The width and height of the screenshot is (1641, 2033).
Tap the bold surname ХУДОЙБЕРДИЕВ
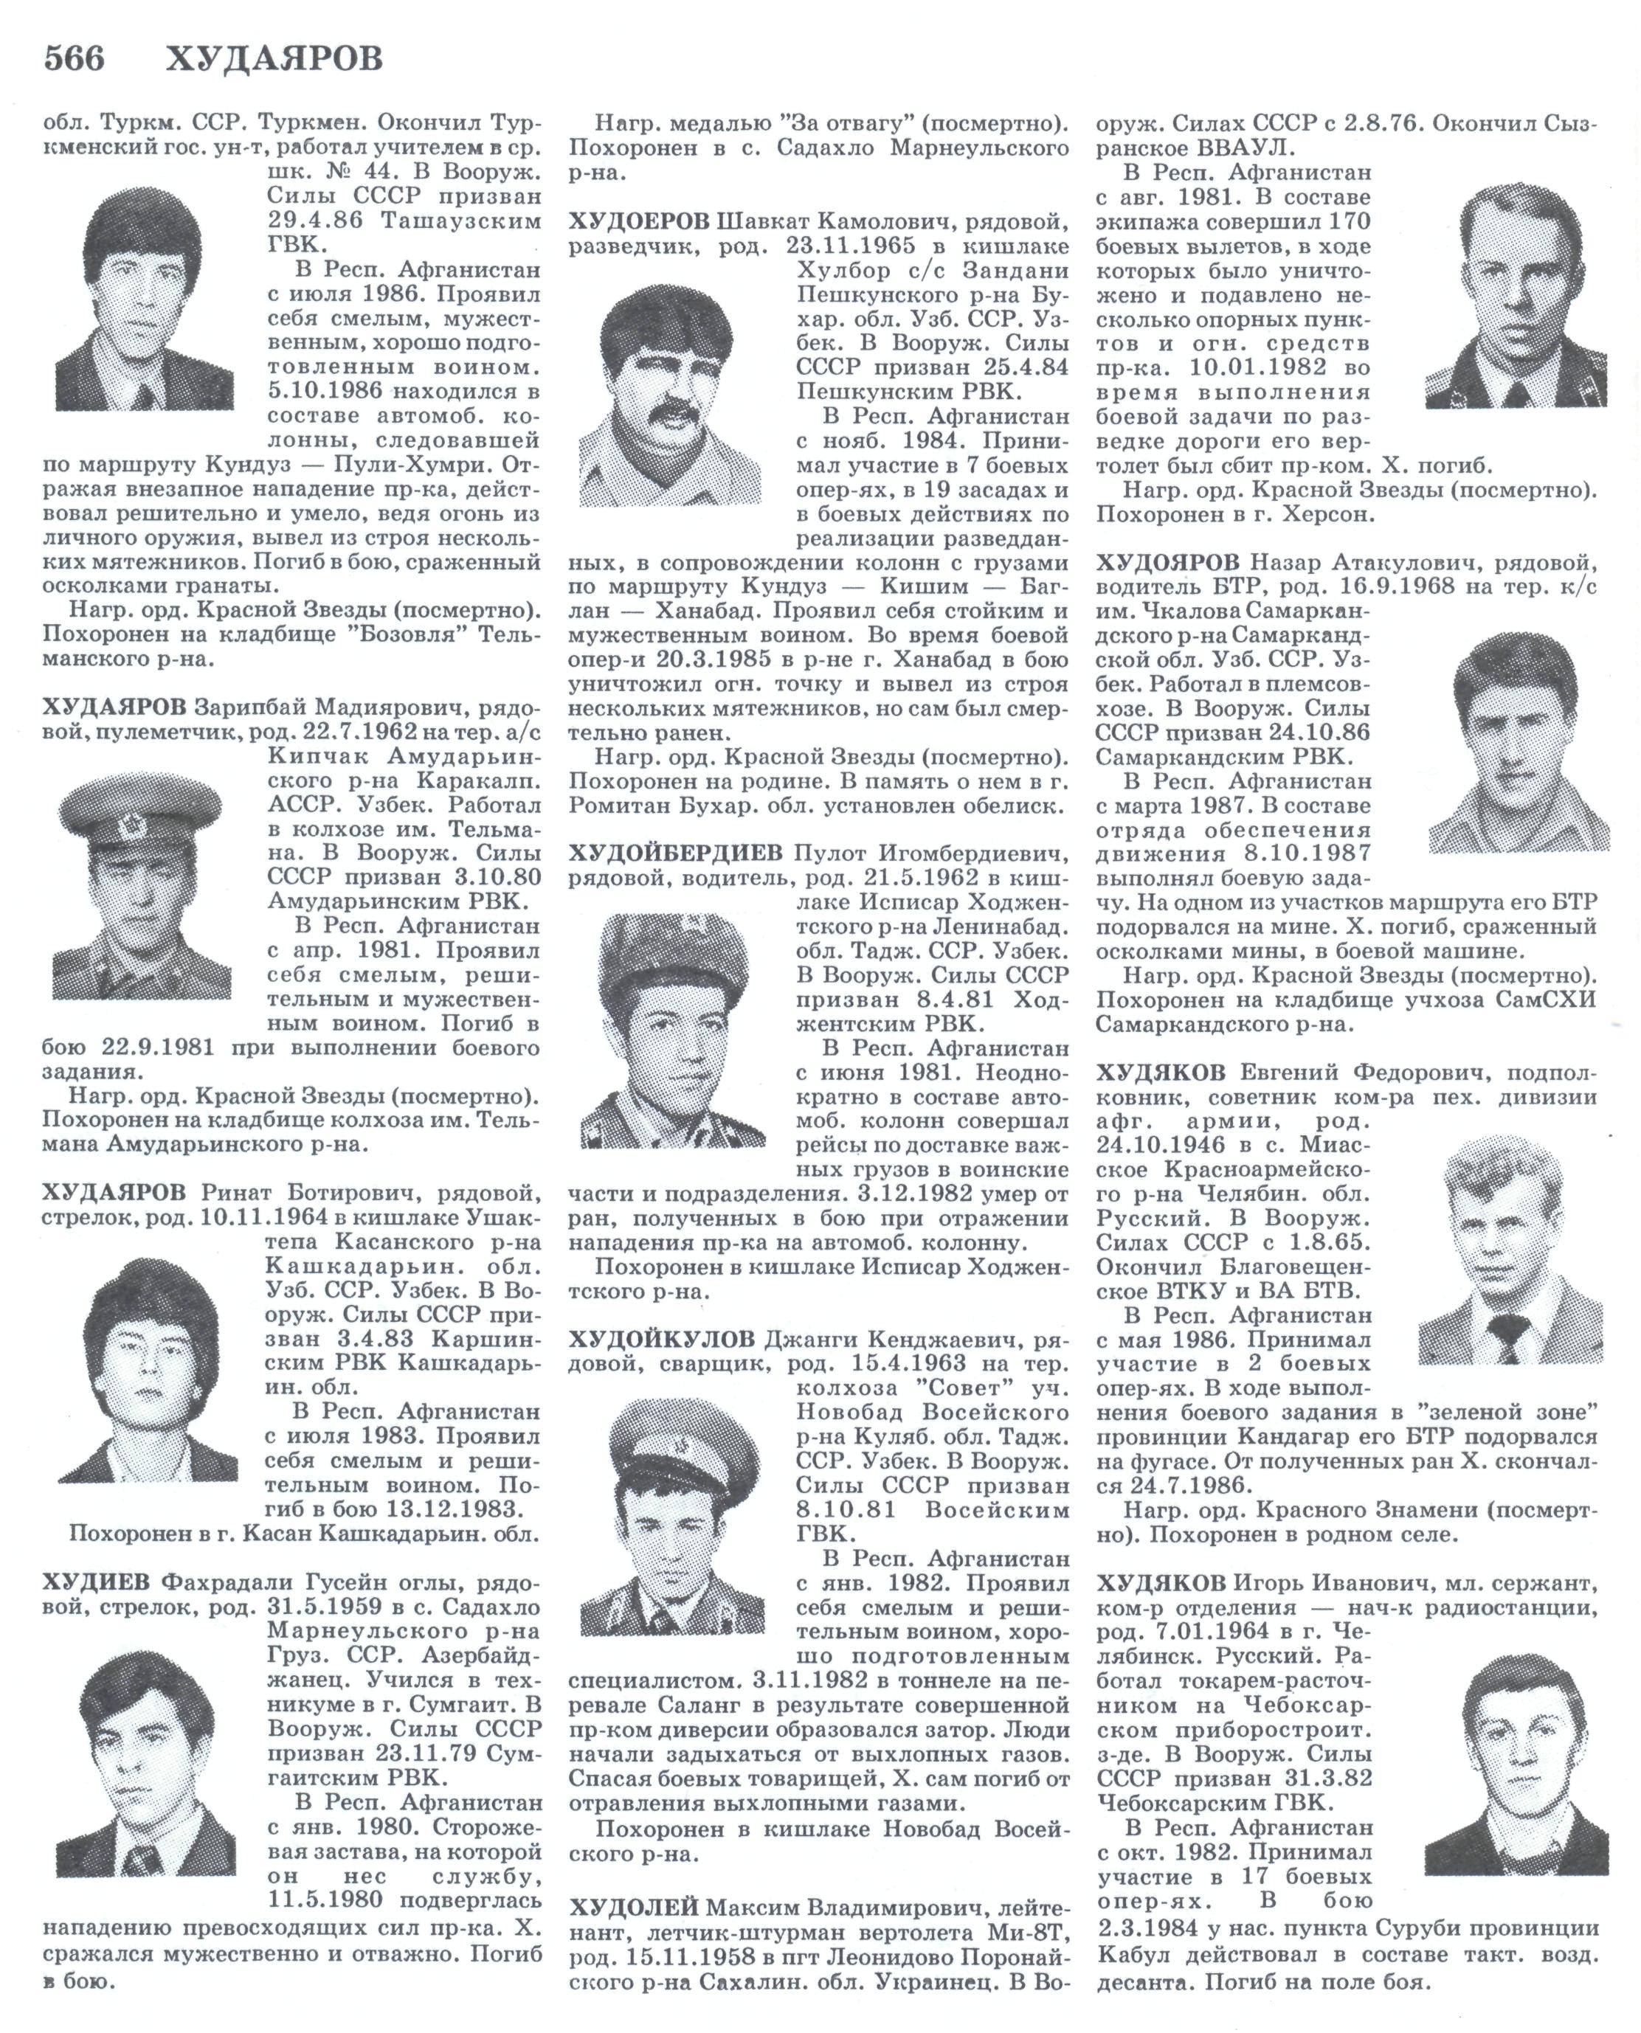676,853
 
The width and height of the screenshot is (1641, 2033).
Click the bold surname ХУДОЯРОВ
1167,564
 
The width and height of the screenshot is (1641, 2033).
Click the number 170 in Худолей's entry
1344,223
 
